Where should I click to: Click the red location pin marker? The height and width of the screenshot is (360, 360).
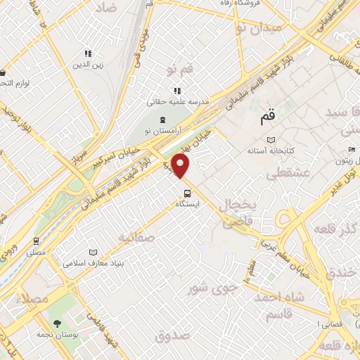click(x=182, y=167)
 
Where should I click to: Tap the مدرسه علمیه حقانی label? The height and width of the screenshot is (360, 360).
click(x=178, y=101)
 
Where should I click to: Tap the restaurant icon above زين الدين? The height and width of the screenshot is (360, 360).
click(x=89, y=54)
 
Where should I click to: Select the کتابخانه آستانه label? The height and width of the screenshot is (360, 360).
click(x=269, y=150)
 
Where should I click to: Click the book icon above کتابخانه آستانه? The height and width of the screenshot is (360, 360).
click(x=270, y=140)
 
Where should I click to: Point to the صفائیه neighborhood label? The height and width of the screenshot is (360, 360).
click(x=135, y=237)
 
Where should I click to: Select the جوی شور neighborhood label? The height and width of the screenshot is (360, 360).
click(x=210, y=288)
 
